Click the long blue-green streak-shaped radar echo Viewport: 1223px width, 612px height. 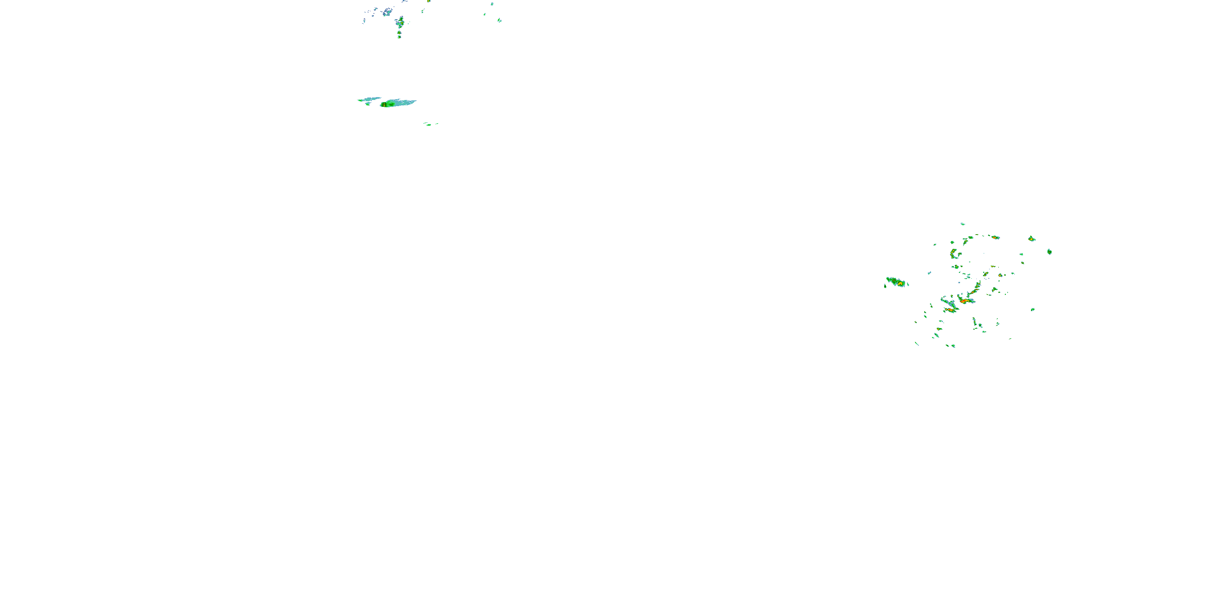[x=398, y=103]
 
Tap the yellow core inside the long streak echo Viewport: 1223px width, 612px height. [x=390, y=103]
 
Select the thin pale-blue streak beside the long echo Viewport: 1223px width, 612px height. [x=369, y=99]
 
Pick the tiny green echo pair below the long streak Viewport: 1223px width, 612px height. [x=430, y=124]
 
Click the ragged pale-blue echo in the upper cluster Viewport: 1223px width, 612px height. [x=387, y=12]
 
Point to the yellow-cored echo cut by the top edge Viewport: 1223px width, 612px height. [x=429, y=1]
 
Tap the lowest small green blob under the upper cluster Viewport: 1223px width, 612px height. [x=399, y=36]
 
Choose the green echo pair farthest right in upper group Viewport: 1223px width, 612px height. [x=499, y=20]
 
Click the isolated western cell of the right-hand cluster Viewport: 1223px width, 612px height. [x=896, y=282]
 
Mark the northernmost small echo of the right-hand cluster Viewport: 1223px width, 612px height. [x=963, y=224]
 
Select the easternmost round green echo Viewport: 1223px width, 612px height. [x=1049, y=251]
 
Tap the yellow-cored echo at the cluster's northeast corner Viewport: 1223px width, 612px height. [x=1032, y=239]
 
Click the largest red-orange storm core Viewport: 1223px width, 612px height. [x=964, y=300]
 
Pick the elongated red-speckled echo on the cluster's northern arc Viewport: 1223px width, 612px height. [x=994, y=237]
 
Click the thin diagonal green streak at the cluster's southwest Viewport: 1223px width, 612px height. [x=917, y=344]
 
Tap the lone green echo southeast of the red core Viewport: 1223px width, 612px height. [x=1033, y=309]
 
